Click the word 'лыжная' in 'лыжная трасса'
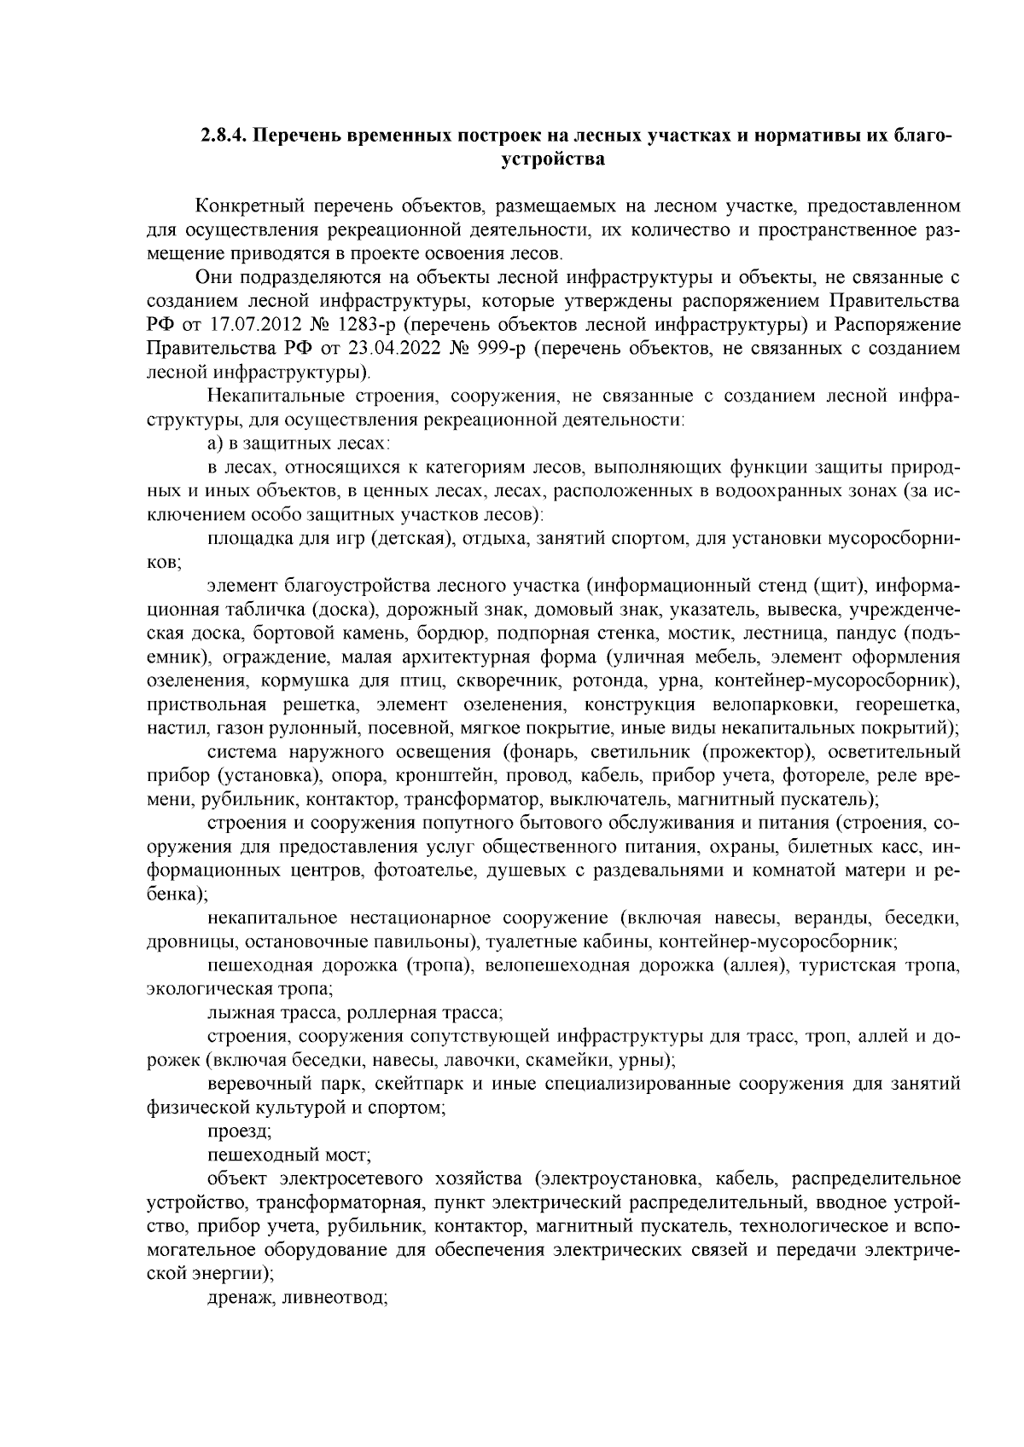(236, 1014)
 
